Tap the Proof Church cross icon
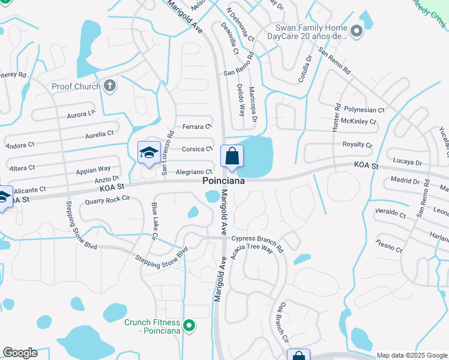tap(109, 86)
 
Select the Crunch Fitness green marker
tap(189, 326)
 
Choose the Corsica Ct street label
tap(197, 149)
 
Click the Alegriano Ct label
tap(194, 172)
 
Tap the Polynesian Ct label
tap(364, 110)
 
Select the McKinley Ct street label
tap(358, 122)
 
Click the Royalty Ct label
tap(357, 145)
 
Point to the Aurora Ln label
tap(81, 114)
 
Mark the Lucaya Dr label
tap(410, 163)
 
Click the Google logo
tap(20, 353)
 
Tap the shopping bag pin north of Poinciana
tap(232, 157)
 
